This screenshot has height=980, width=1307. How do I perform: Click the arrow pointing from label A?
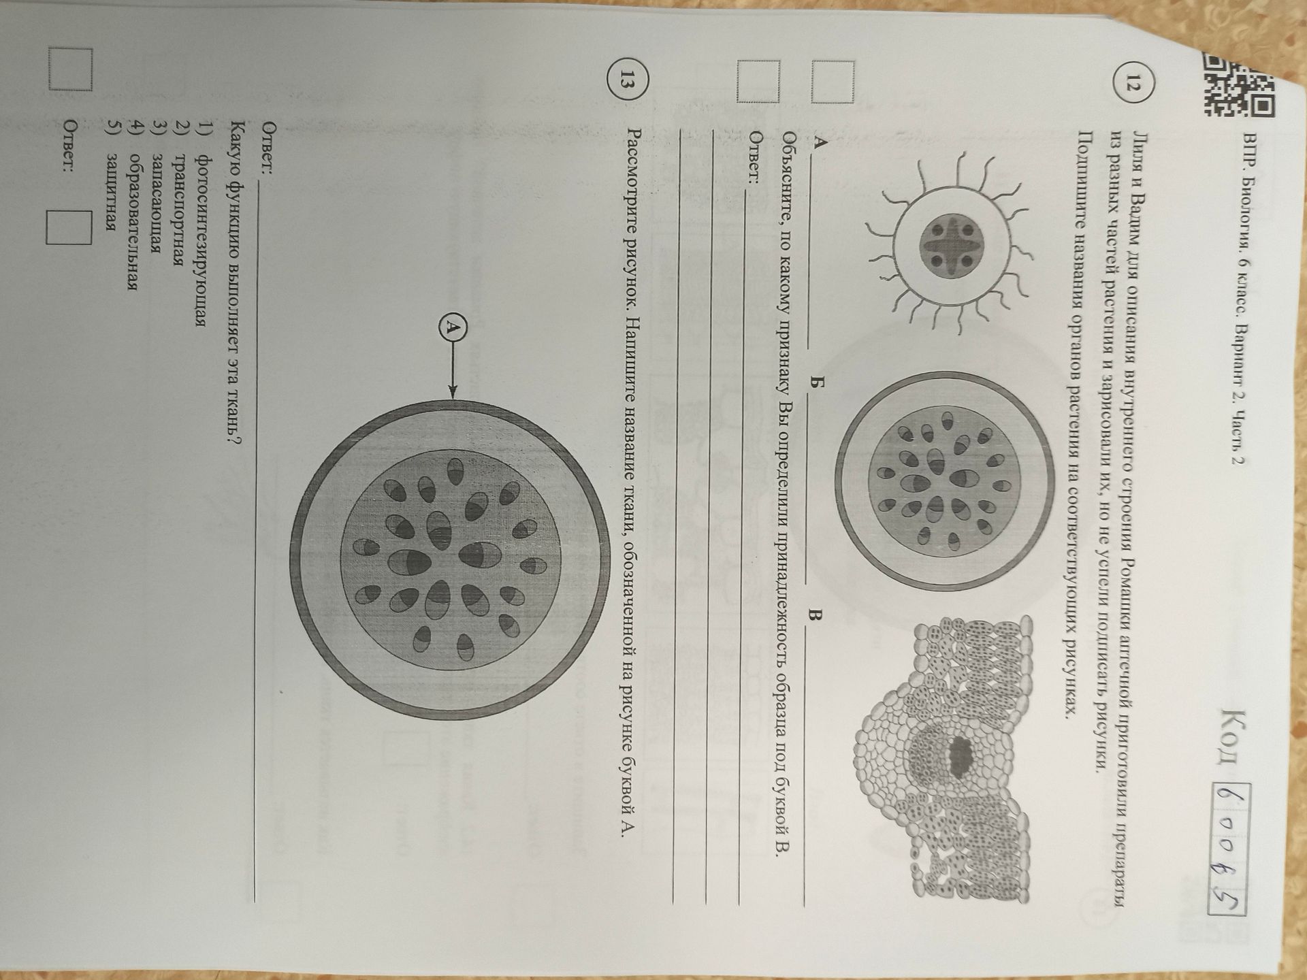click(x=453, y=372)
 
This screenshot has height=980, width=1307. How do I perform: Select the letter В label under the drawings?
click(x=814, y=617)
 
